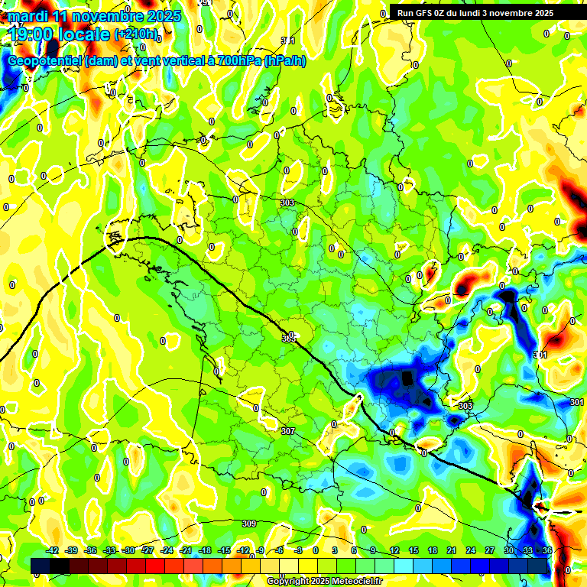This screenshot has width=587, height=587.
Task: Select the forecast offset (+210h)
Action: click(x=138, y=34)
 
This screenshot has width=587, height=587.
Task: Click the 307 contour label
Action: click(x=287, y=432)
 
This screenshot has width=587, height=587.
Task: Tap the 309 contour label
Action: click(x=248, y=524)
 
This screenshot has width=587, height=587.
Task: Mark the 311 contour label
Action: click(x=288, y=41)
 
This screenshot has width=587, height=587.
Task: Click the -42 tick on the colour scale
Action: click(x=53, y=550)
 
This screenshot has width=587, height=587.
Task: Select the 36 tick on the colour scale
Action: click(x=547, y=550)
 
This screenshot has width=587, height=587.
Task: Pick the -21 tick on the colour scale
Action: click(x=186, y=550)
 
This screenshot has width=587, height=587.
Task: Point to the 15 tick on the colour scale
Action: click(x=413, y=550)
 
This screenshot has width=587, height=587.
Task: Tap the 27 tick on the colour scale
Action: click(x=490, y=550)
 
